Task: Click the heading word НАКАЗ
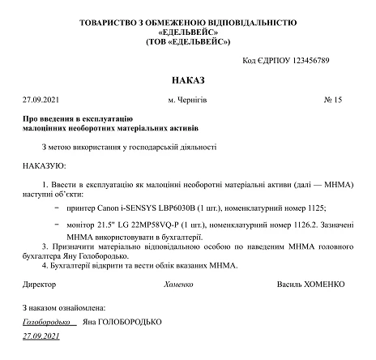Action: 188,82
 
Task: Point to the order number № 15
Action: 333,101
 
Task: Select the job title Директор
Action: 39,284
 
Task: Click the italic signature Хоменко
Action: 179,284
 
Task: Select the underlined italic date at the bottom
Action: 41,335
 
